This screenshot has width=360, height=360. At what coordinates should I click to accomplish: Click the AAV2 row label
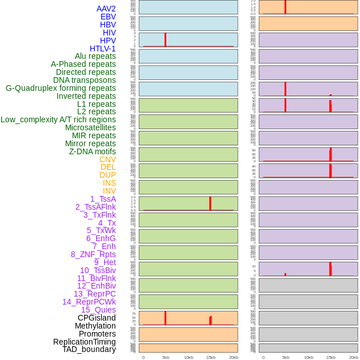106,9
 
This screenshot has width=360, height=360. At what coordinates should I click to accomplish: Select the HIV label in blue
109,33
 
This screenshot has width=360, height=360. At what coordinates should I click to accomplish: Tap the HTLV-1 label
103,49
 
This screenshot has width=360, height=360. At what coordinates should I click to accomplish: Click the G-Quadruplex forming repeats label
61,88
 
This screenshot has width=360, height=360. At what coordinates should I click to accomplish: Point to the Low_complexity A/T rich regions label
58,119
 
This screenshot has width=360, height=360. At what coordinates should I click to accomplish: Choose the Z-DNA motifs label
93,151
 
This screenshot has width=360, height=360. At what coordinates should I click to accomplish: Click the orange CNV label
107,159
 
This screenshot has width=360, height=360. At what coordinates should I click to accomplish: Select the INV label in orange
109,191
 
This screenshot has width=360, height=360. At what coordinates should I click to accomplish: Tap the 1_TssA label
103,199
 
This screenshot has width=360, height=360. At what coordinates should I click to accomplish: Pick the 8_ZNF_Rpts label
93,254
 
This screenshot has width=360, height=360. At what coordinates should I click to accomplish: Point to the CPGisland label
97,318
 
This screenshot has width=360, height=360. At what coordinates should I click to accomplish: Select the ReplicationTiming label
85,342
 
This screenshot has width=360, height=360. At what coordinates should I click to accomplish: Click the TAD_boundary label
89,349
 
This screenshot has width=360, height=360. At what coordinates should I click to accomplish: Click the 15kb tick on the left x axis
211,357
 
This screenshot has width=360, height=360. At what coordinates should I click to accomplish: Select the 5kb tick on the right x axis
286,357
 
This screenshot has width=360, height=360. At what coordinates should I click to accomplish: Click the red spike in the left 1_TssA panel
210,203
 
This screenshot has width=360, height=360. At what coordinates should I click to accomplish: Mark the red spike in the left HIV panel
165,39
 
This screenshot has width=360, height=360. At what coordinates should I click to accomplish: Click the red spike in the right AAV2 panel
285,7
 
